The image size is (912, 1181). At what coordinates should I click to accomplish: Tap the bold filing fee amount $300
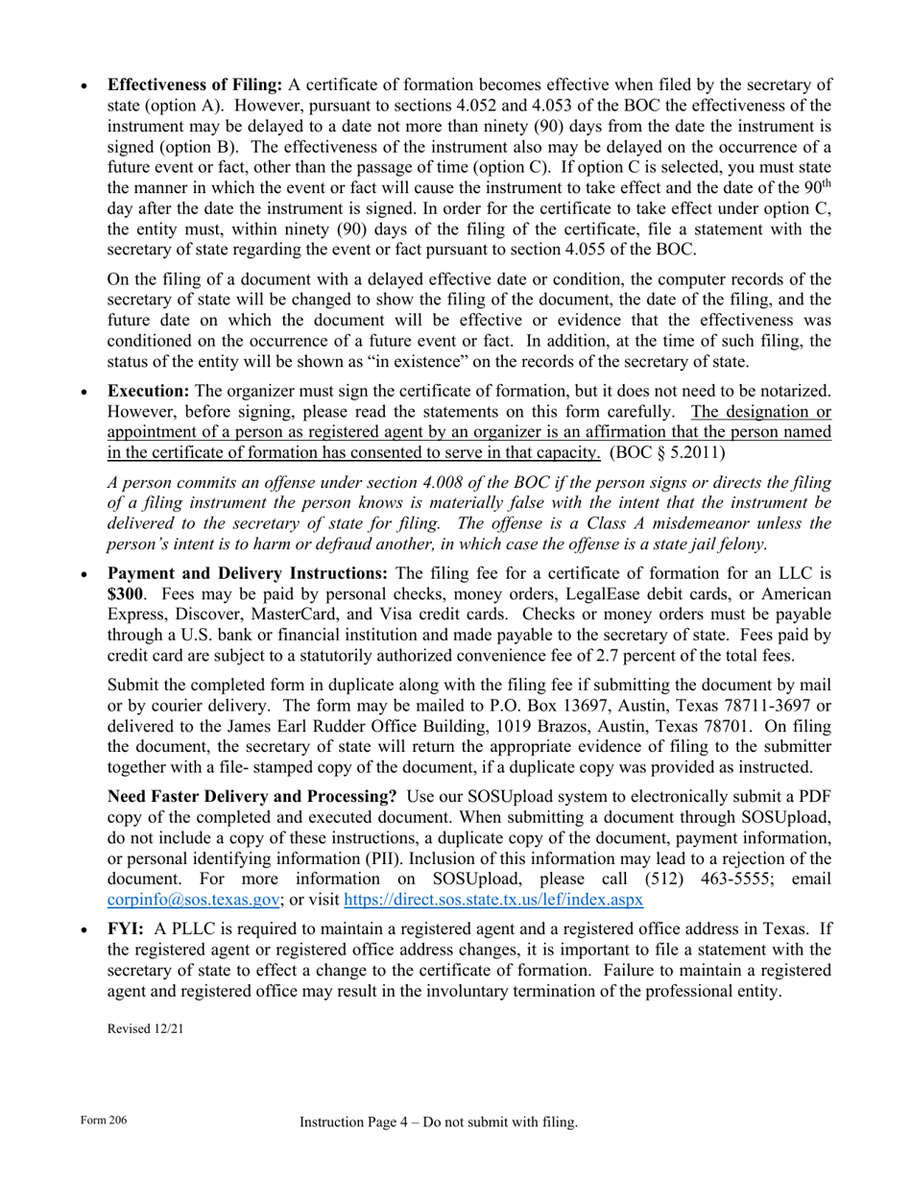(x=125, y=594)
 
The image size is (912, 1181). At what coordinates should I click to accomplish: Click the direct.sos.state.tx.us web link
(x=492, y=900)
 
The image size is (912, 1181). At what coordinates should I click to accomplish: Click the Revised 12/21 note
(x=145, y=1028)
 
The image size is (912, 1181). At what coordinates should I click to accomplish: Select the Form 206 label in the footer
(x=104, y=1121)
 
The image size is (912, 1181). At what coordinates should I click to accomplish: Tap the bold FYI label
(x=126, y=929)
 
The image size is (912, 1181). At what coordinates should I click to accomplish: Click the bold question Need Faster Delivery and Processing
(x=252, y=797)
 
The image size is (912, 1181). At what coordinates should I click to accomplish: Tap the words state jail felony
(x=704, y=543)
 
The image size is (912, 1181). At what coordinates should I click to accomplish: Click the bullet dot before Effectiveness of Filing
(x=86, y=85)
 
